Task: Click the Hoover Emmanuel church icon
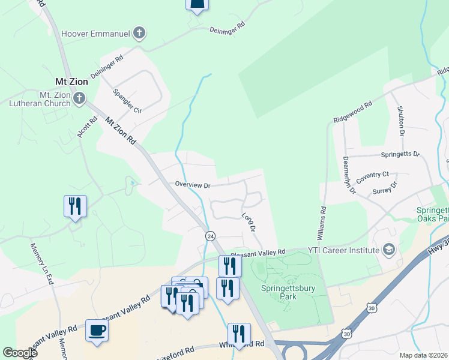click(139, 33)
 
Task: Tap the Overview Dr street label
click(192, 185)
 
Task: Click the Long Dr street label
click(249, 222)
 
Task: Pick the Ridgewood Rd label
click(352, 113)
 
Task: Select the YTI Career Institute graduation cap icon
click(388, 250)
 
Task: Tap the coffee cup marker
click(97, 329)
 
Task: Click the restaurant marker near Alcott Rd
click(75, 206)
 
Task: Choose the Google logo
click(20, 353)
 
